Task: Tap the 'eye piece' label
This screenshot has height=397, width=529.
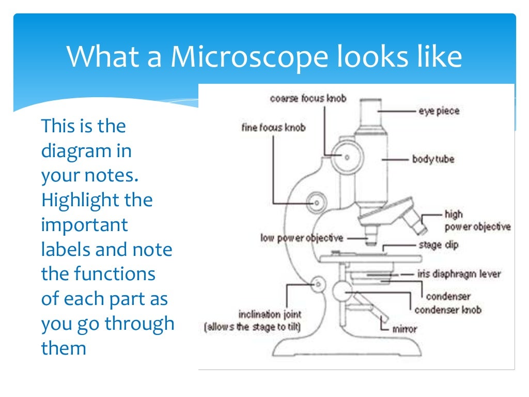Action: click(x=439, y=111)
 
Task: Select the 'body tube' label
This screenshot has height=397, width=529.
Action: click(x=433, y=159)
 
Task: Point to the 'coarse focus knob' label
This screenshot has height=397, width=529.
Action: click(x=308, y=98)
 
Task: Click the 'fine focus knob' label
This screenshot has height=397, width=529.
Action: click(x=273, y=127)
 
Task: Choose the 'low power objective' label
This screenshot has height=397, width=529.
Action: click(x=302, y=238)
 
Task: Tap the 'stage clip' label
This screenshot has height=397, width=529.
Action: click(x=439, y=245)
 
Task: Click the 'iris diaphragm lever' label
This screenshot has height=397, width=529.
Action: click(x=459, y=274)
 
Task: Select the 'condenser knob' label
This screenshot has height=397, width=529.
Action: click(x=448, y=310)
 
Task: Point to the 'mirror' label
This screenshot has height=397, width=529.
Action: click(x=405, y=328)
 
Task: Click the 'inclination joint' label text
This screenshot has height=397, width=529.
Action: click(x=270, y=314)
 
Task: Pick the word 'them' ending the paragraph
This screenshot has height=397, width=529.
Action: click(x=63, y=348)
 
